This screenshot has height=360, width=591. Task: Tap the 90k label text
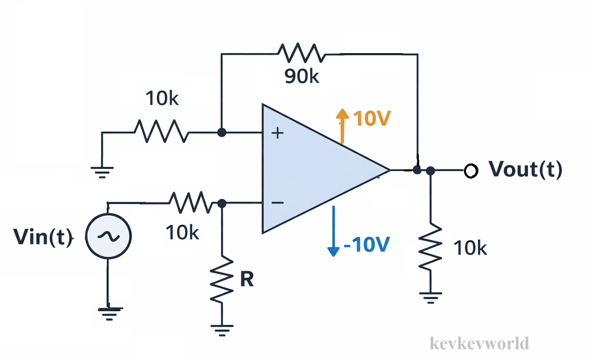pyautogui.click(x=302, y=76)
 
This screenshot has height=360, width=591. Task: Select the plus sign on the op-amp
pyautogui.click(x=278, y=133)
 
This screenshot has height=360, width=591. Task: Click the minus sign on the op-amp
pyautogui.click(x=278, y=203)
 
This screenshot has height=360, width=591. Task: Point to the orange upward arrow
pyautogui.click(x=342, y=125)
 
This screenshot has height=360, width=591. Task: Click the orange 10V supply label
pyautogui.click(x=372, y=118)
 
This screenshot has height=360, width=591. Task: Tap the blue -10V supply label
pyautogui.click(x=367, y=245)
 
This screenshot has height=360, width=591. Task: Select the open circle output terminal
pyautogui.click(x=471, y=171)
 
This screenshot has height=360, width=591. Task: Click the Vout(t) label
pyautogui.click(x=526, y=169)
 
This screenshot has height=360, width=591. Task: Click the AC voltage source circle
pyautogui.click(x=108, y=237)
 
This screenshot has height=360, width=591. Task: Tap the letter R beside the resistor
pyautogui.click(x=247, y=279)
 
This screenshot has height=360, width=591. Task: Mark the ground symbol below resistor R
pyautogui.click(x=222, y=330)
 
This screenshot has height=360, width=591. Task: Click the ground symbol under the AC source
pyautogui.click(x=110, y=313)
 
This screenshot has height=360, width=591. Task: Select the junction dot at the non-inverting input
pyautogui.click(x=222, y=133)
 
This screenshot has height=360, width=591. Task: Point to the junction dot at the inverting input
pyautogui.click(x=222, y=203)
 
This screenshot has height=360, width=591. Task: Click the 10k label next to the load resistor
pyautogui.click(x=470, y=248)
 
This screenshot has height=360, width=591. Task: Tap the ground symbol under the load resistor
pyautogui.click(x=431, y=298)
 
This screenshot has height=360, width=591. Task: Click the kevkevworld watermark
pyautogui.click(x=479, y=343)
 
